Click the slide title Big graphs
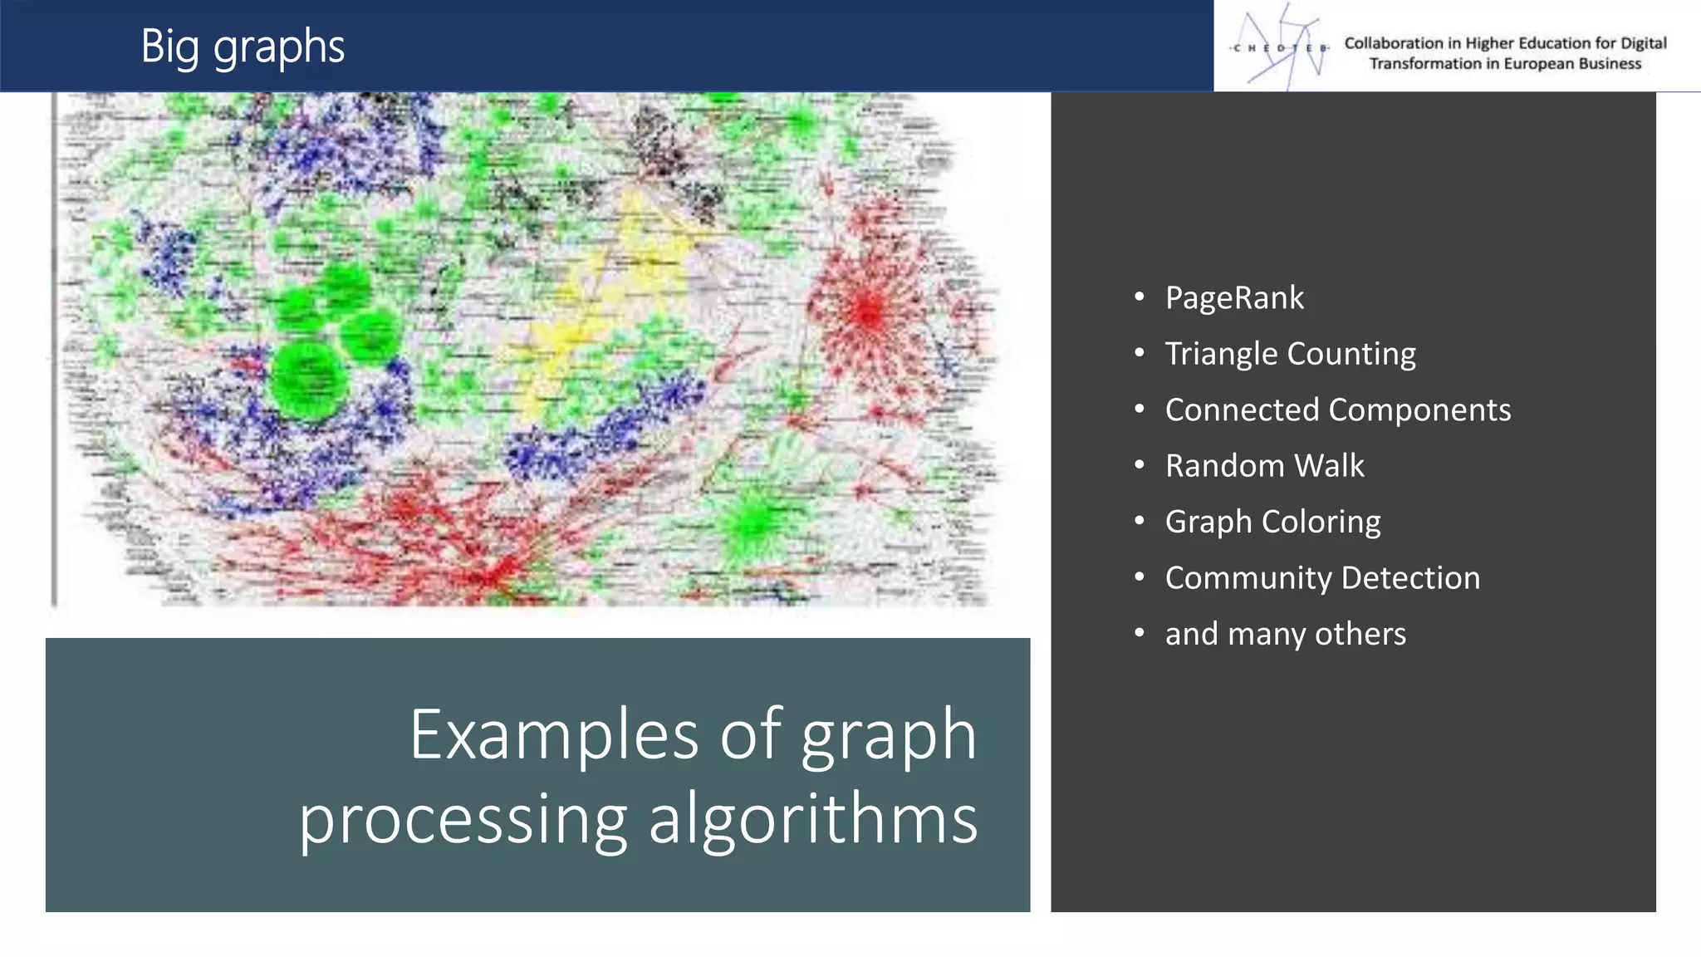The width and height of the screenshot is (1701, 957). tap(243, 47)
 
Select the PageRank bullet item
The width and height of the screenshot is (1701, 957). tap(1234, 298)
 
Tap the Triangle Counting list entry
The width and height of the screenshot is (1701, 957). tap(1290, 354)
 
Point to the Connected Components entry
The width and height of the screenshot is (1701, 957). tap(1337, 410)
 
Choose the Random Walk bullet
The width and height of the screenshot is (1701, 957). tap(1264, 466)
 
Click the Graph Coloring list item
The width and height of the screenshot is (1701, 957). tap(1272, 522)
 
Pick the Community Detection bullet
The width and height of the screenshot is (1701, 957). tap(1322, 578)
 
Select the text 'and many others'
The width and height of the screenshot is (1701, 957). tap(1285, 634)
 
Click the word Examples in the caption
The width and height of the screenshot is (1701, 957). tap(554, 735)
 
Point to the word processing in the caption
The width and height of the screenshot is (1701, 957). tap(463, 821)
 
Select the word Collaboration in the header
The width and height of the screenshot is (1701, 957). tap(1394, 43)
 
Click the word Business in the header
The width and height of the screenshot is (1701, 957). tap(1610, 64)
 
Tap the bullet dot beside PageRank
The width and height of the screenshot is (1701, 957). tap(1140, 297)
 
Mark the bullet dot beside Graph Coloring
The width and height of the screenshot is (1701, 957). tap(1140, 521)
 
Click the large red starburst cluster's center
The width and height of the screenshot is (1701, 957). tap(868, 312)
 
